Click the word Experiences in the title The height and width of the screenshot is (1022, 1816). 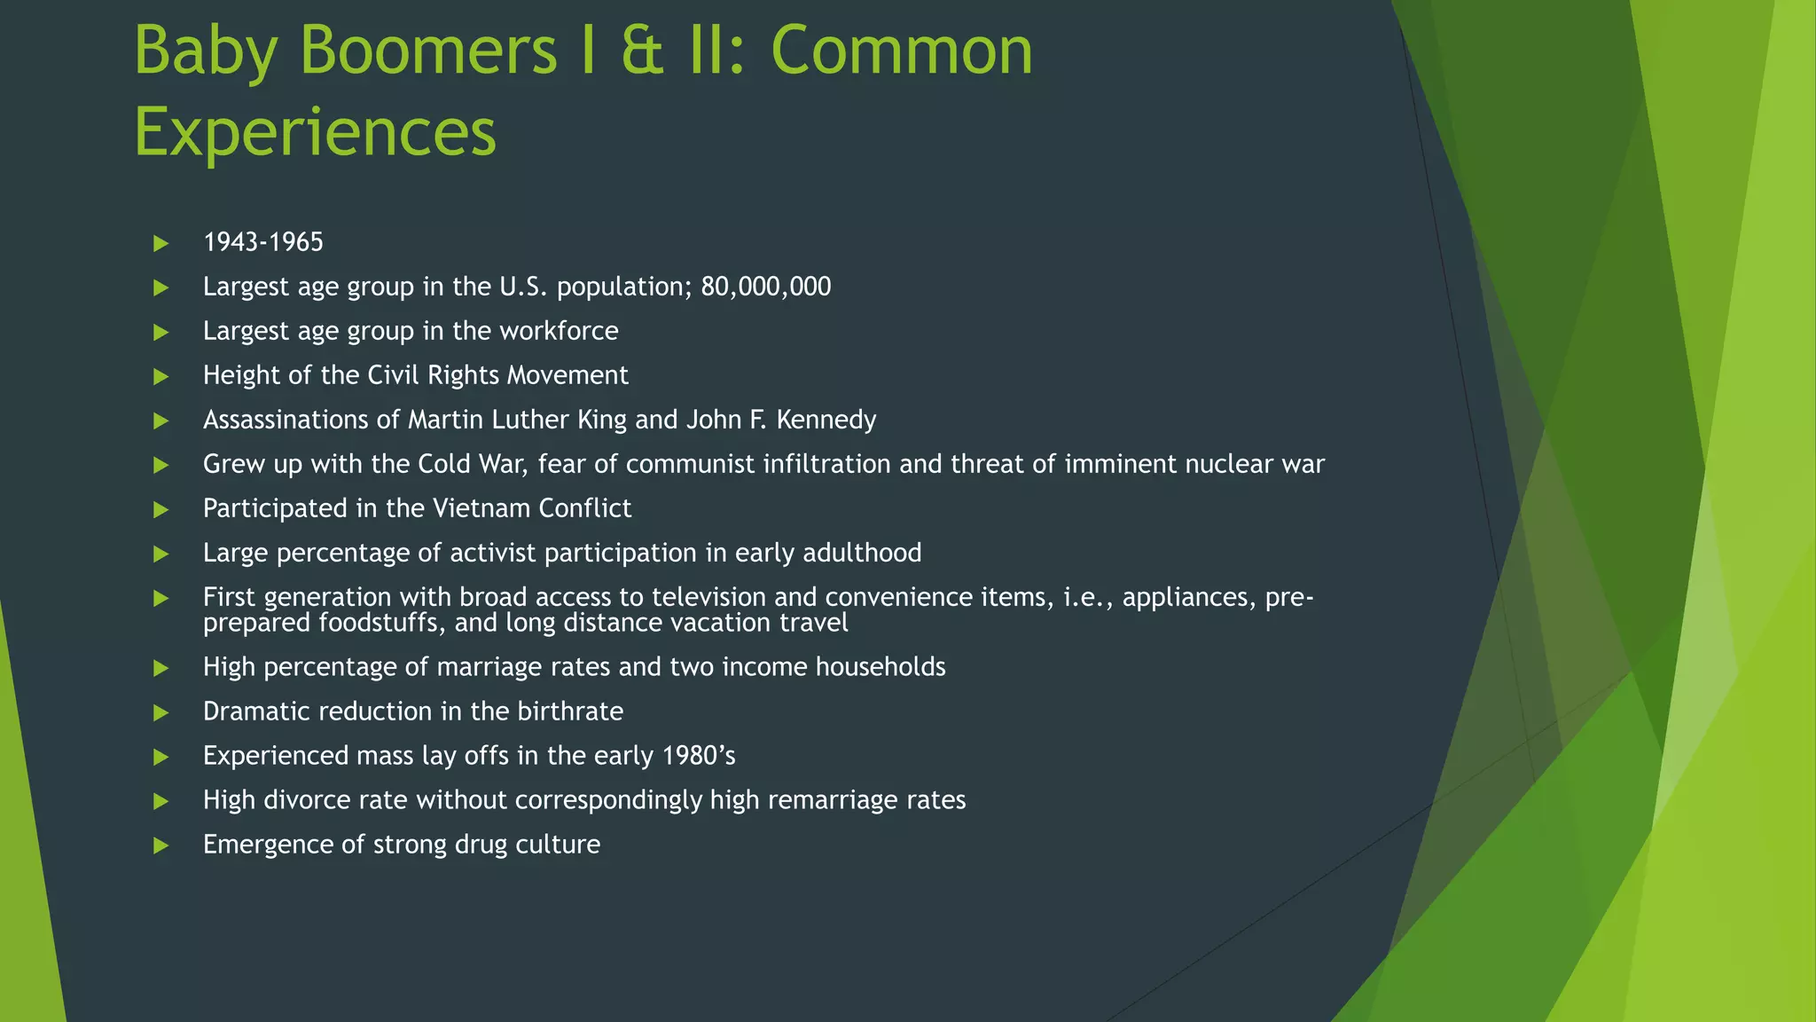(315, 131)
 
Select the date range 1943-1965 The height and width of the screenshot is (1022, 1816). (263, 242)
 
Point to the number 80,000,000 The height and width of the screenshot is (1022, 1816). (765, 287)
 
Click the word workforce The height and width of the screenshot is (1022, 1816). (559, 331)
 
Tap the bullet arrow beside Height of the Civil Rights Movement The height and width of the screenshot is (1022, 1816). (161, 376)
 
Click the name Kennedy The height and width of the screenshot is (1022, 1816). (826, 420)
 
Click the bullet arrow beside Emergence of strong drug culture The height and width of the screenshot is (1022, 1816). (161, 845)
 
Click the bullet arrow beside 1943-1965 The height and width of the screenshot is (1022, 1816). (161, 243)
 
